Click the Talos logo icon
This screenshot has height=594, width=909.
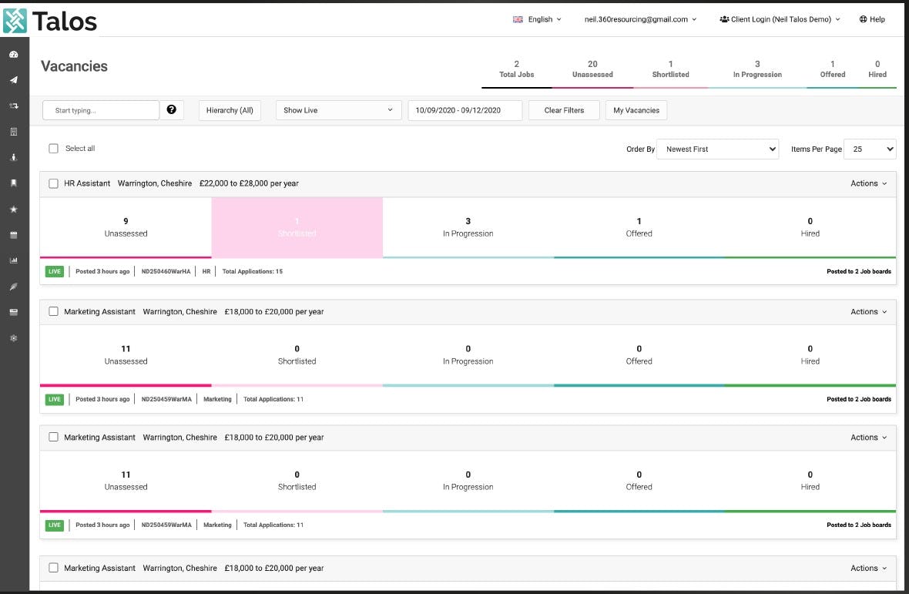pos(15,21)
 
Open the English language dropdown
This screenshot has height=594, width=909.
pos(538,19)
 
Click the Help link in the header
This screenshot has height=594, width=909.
pos(872,19)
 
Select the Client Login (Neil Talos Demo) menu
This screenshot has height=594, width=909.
pos(780,19)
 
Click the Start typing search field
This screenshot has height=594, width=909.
pos(101,110)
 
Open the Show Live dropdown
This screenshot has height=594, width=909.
pos(338,110)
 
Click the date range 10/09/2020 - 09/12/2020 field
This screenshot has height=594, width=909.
pos(465,110)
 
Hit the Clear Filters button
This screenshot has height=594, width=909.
pos(564,110)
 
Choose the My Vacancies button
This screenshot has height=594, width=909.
pos(636,110)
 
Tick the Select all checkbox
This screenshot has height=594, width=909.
pos(54,149)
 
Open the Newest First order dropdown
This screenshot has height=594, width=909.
pos(718,149)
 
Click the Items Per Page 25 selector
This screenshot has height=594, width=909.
pos(870,149)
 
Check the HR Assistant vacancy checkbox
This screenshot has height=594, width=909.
pos(54,183)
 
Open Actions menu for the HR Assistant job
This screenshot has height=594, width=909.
pos(868,183)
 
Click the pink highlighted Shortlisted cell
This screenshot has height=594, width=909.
pos(297,227)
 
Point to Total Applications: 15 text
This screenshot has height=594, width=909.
pos(253,271)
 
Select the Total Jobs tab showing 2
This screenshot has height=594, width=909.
pos(516,69)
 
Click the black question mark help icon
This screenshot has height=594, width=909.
pos(171,110)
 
